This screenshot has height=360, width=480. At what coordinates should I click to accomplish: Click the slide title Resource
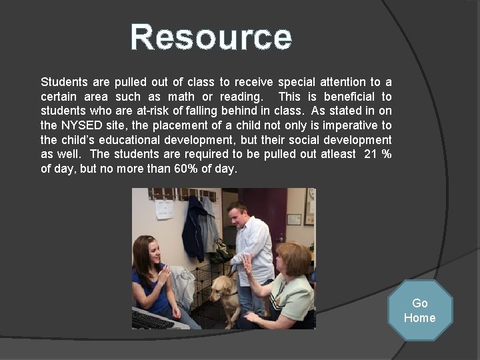[211, 37]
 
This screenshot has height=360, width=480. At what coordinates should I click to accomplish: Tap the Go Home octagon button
[419, 311]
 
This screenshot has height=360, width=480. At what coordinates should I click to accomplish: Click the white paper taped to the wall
[163, 209]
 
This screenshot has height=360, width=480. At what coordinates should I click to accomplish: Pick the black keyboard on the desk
[152, 320]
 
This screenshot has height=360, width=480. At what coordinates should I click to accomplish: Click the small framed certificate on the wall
[294, 219]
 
